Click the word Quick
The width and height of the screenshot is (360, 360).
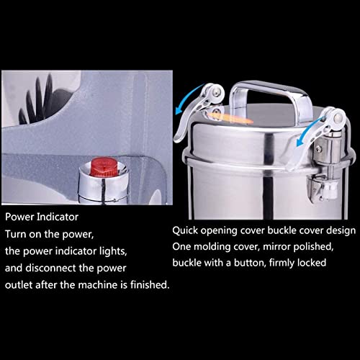[x=184, y=230]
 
